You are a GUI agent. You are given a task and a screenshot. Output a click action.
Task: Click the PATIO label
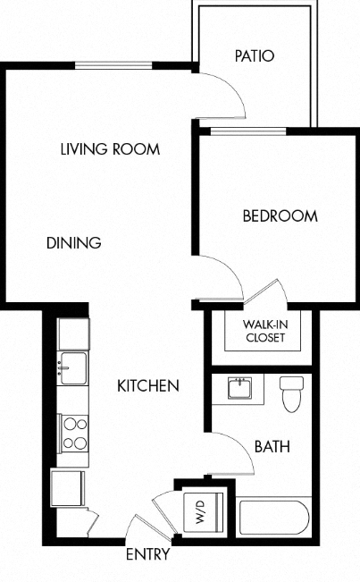click(255, 55)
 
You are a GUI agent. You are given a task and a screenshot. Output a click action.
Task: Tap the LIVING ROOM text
click(110, 148)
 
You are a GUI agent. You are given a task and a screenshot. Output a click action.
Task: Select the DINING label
click(73, 242)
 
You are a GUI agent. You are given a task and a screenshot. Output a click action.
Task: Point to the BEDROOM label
click(280, 215)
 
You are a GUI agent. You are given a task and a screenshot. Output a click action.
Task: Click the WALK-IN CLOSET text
click(264, 331)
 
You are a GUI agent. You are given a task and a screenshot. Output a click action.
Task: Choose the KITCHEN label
click(148, 386)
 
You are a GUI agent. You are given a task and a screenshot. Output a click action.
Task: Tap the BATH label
click(272, 446)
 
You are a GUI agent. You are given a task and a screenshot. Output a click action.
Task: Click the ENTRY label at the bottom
click(147, 555)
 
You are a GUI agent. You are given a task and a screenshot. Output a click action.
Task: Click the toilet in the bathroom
click(292, 393)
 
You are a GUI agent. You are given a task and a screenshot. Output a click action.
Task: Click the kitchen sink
click(71, 367)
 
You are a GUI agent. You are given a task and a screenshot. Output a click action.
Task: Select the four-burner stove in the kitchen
click(72, 433)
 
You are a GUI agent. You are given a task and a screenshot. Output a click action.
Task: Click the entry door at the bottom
click(143, 527)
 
